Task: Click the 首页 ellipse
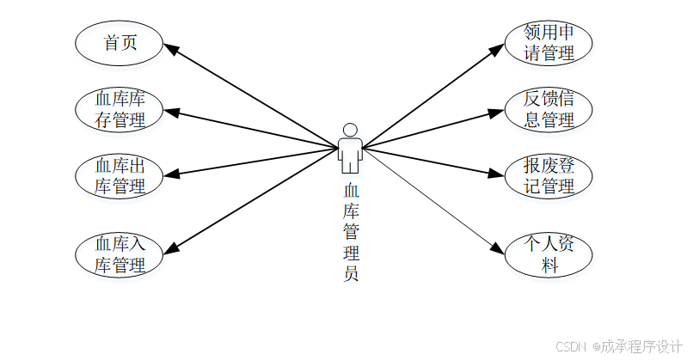click(x=120, y=43)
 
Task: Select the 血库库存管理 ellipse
click(x=120, y=109)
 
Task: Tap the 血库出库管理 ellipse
click(x=120, y=175)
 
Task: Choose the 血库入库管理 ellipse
click(x=120, y=254)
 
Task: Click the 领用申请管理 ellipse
click(x=549, y=43)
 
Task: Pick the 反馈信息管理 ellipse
click(x=549, y=109)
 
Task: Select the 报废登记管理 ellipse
click(x=549, y=175)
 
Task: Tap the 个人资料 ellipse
click(x=549, y=254)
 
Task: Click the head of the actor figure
click(x=349, y=130)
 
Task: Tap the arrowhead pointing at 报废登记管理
click(x=496, y=174)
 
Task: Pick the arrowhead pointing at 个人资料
click(x=498, y=250)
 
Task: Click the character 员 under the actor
click(x=350, y=274)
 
